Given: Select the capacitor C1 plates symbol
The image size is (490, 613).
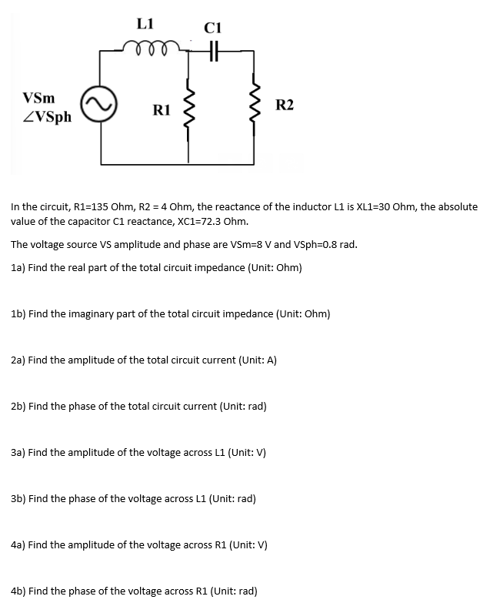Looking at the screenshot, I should (x=213, y=49).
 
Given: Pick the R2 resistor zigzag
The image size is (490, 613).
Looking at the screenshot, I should (x=253, y=107).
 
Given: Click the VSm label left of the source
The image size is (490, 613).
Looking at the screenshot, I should (x=38, y=99).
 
